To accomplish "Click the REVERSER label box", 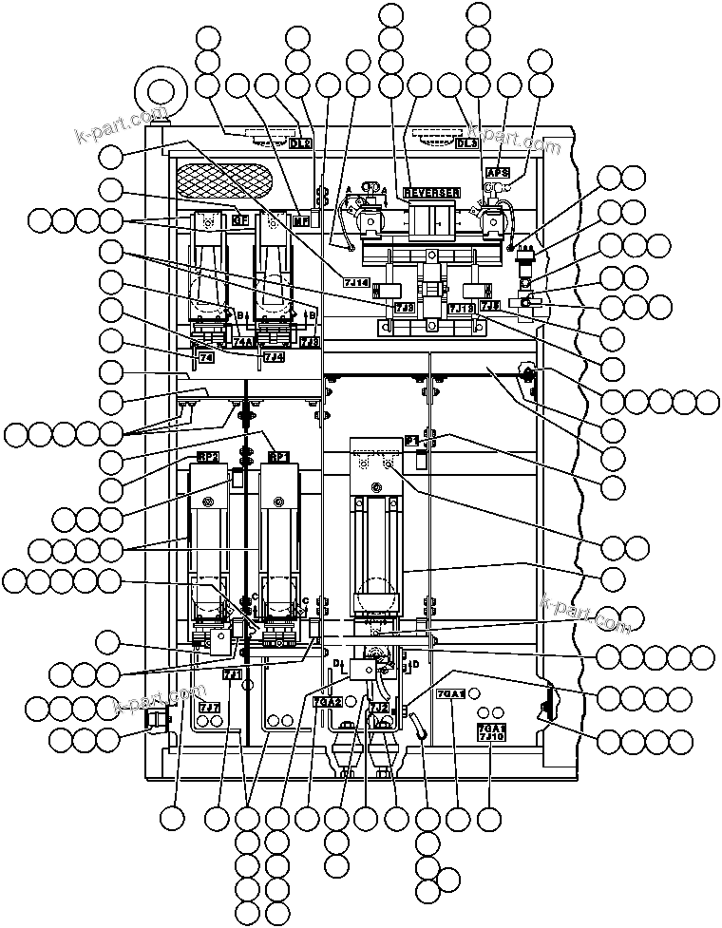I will pyautogui.click(x=432, y=193).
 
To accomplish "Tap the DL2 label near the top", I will pyautogui.click(x=300, y=143).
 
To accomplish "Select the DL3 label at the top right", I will pyautogui.click(x=466, y=143).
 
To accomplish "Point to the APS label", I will pyautogui.click(x=498, y=173).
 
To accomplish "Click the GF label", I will pyautogui.click(x=241, y=220).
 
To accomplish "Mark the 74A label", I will pyautogui.click(x=243, y=342).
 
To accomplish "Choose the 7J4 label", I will pyautogui.click(x=273, y=356).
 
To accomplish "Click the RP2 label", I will pyautogui.click(x=208, y=457).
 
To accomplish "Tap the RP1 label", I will pyautogui.click(x=277, y=457).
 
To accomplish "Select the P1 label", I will pyautogui.click(x=411, y=442).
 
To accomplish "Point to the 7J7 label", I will pyautogui.click(x=210, y=707).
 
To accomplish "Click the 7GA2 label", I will pyautogui.click(x=327, y=702).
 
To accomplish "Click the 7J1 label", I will pyautogui.click(x=232, y=673).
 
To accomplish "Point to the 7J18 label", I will pyautogui.click(x=460, y=308).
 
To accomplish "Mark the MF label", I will pyautogui.click(x=302, y=220).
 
